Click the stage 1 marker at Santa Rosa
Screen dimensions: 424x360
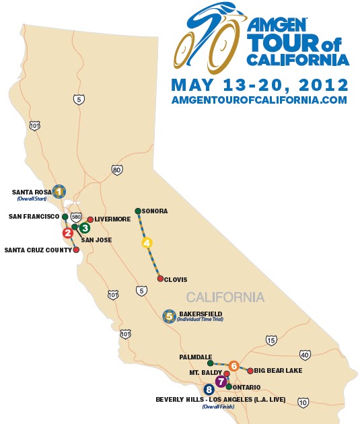59,191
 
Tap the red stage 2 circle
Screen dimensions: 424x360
68,233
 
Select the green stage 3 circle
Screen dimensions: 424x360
85,227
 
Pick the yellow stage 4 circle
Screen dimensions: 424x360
147,243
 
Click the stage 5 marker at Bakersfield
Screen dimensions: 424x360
170,315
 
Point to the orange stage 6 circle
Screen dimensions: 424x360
233,365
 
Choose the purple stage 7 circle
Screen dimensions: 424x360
219,381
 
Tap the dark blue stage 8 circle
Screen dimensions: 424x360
209,389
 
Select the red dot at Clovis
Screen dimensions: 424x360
160,278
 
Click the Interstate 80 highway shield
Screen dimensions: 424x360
117,170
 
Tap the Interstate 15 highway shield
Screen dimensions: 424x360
271,341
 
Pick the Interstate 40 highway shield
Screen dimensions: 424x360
304,355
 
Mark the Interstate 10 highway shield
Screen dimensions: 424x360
303,402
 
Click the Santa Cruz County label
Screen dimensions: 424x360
37,250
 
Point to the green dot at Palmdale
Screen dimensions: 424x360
210,363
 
